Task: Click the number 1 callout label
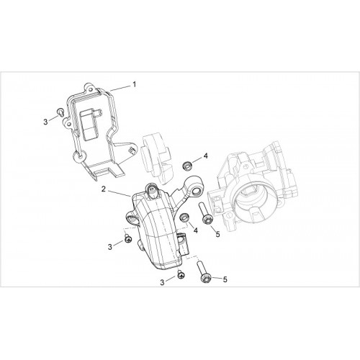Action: [135, 84]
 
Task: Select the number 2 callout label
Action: [103, 189]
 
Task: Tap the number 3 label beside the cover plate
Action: [45, 122]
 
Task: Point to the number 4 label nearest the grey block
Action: [205, 156]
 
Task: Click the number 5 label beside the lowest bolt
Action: [225, 279]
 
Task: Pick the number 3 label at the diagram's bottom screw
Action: [162, 282]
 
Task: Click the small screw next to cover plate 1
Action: [60, 112]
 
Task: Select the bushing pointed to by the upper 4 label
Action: [186, 166]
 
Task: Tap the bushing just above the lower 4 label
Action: [184, 217]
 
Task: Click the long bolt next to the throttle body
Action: [204, 213]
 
